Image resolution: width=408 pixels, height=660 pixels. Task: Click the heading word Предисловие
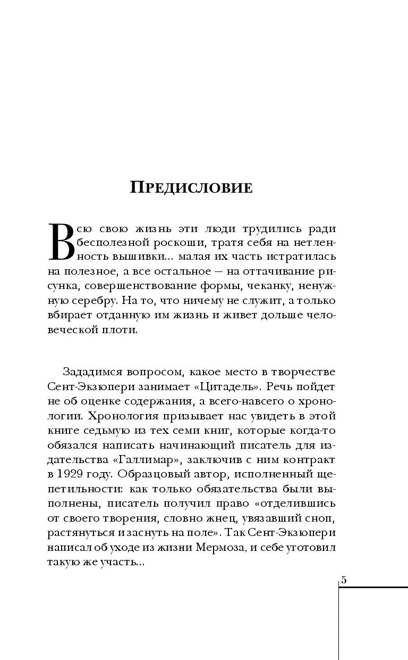[191, 187]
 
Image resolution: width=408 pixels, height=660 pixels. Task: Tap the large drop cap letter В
[60, 242]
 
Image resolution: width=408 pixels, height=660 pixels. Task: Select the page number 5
[344, 580]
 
